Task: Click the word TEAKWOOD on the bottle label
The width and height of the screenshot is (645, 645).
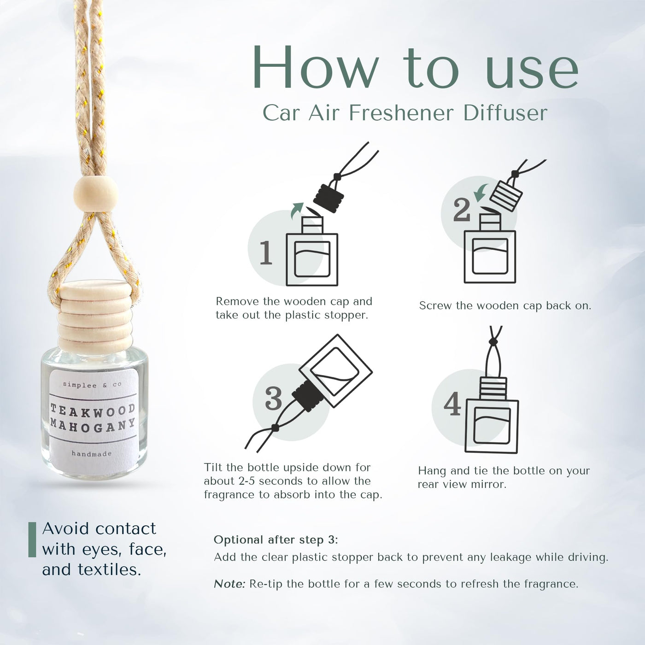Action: tap(93, 411)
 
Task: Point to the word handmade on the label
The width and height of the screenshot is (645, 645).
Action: tap(92, 454)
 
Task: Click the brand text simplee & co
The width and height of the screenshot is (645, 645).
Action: tap(92, 385)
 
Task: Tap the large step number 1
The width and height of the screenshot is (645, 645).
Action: tap(266, 252)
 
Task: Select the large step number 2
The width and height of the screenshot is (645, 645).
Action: tap(462, 210)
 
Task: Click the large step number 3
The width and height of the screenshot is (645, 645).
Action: tap(274, 399)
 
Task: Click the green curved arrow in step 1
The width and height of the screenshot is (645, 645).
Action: tap(297, 210)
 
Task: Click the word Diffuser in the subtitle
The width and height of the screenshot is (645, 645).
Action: tap(505, 113)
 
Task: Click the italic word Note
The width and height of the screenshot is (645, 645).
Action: tap(229, 583)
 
